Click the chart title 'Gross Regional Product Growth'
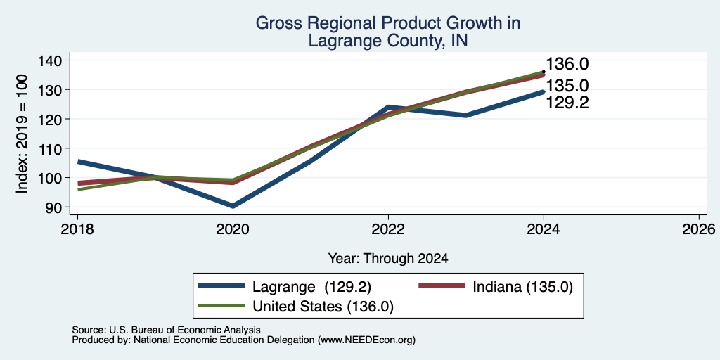coord(387,23)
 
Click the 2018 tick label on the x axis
coord(77,229)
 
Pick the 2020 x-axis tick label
coord(233,229)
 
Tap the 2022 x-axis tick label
coord(388,229)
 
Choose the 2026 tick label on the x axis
coord(700,229)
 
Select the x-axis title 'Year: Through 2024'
coord(388,259)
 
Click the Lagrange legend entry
coord(285,287)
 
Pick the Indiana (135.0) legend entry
coord(496,287)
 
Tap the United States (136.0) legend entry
coord(296,307)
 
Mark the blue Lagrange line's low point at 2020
coord(233,206)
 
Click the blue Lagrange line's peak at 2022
coord(388,107)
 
